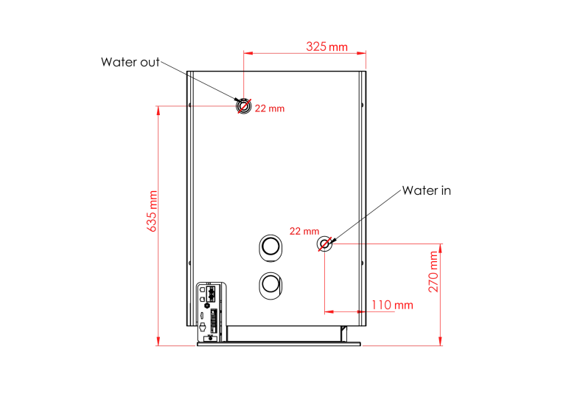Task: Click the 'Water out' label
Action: [x=130, y=62]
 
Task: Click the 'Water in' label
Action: [x=426, y=190]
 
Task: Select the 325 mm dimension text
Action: [x=326, y=46]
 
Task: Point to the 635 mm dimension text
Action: [x=152, y=211]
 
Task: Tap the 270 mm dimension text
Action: [x=433, y=272]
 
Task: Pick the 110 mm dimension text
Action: [x=392, y=305]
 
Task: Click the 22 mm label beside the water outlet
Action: [x=270, y=108]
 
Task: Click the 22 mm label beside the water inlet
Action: [x=304, y=231]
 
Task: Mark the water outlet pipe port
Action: [x=244, y=106]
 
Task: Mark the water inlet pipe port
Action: [x=324, y=244]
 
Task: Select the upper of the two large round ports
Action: [x=270, y=248]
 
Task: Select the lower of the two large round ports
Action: [x=270, y=286]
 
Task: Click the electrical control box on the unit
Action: [x=212, y=311]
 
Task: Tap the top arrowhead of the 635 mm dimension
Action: [x=158, y=110]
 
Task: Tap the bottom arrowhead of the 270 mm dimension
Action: [x=441, y=341]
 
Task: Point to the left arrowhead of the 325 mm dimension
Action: [x=248, y=53]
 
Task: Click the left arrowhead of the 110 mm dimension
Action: [x=329, y=311]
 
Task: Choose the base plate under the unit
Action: [x=279, y=344]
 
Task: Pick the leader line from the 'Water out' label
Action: [x=199, y=81]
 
